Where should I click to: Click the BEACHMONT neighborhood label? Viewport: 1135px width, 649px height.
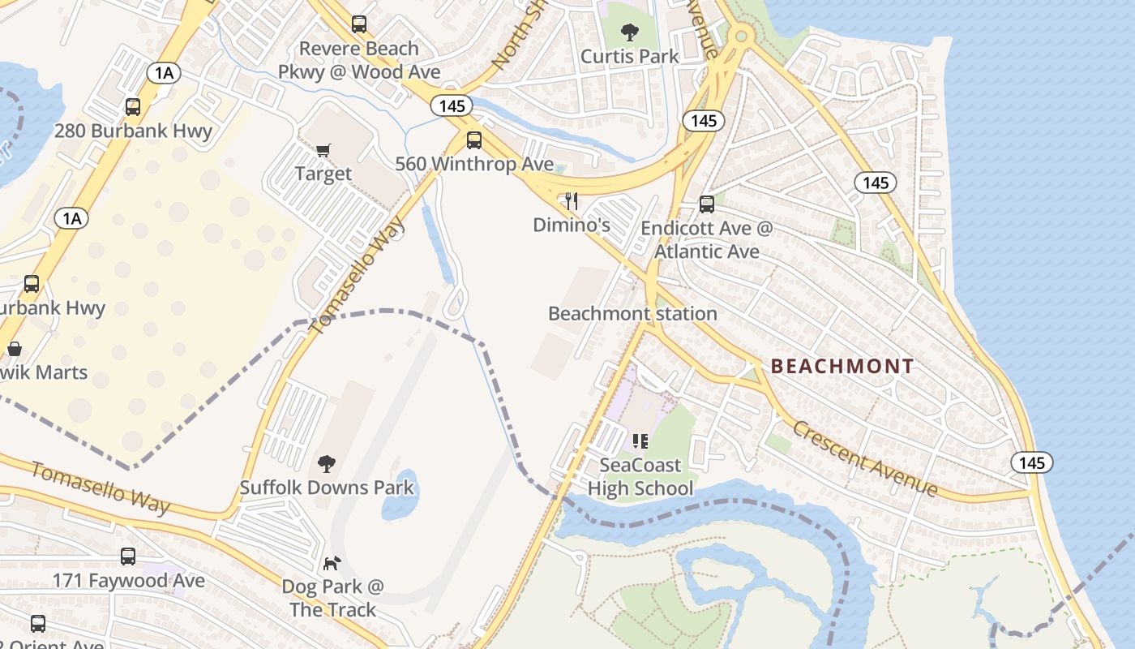[842, 366]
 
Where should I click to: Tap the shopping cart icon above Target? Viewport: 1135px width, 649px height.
[323, 150]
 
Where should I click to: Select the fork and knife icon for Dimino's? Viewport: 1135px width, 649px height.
[572, 201]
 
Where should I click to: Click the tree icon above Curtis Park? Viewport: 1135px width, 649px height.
[629, 32]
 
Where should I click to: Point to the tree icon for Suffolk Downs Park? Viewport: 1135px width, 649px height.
[327, 464]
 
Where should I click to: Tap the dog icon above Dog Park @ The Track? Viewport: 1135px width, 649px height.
[332, 563]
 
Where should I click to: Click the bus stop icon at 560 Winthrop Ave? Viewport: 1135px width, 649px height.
[474, 140]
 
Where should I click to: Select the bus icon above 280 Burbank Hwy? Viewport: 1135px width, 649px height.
[133, 106]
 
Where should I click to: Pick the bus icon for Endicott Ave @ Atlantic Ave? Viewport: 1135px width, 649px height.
[707, 204]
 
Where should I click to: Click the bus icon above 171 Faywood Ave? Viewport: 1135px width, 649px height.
[128, 557]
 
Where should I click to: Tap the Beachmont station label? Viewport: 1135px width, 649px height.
[632, 313]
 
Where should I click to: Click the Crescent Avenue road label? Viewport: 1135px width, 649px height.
[864, 458]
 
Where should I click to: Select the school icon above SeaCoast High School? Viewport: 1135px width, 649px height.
[640, 441]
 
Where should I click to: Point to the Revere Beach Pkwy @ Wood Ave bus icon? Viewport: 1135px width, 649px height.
[359, 24]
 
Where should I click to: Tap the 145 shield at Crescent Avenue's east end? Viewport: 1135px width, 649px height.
[1031, 462]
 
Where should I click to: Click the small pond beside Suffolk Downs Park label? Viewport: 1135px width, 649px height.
[400, 496]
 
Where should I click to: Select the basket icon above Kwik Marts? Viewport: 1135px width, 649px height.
[15, 350]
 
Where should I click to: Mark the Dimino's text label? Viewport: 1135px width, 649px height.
[572, 225]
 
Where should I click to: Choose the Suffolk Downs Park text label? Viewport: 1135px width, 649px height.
[327, 488]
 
